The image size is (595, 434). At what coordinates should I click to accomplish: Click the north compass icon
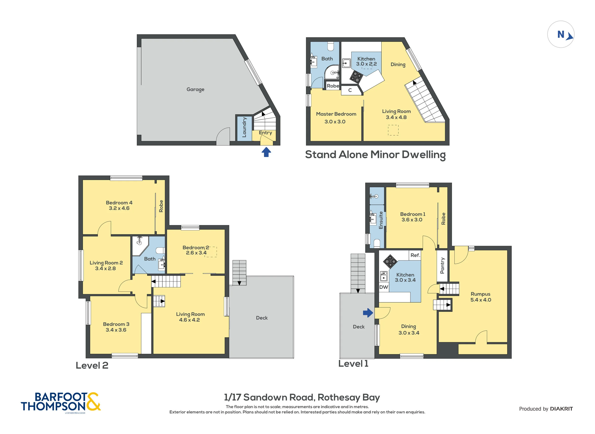click(560, 34)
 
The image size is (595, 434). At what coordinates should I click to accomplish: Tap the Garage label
click(195, 89)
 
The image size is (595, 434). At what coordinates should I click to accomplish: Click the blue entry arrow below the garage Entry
click(266, 152)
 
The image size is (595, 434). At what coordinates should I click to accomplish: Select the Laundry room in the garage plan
click(244, 127)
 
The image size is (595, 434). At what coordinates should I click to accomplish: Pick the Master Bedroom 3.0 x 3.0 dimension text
click(335, 122)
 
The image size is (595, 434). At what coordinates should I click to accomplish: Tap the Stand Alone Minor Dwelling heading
click(375, 155)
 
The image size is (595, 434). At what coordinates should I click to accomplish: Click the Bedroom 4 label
click(119, 202)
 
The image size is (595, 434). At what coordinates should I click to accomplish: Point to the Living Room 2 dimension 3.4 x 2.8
click(105, 268)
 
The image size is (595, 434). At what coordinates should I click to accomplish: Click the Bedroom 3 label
click(116, 324)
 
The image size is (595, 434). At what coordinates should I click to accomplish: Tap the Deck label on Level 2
click(262, 318)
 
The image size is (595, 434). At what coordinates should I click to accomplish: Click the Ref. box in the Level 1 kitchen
click(415, 255)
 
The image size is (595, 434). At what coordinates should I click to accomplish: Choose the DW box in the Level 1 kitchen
click(383, 287)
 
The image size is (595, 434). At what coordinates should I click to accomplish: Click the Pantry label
click(442, 265)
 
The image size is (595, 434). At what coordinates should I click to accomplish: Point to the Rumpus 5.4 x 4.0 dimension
click(481, 300)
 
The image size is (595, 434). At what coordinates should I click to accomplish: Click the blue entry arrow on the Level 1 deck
click(368, 313)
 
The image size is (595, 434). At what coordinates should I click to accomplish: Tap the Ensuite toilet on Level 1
click(377, 243)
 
